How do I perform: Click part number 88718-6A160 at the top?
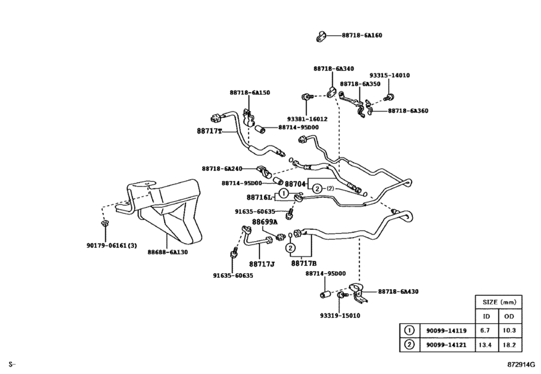click(362, 35)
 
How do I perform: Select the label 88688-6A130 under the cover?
click(167, 252)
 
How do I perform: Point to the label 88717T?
click(209, 132)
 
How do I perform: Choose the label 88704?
click(296, 182)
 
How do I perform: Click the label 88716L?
click(259, 198)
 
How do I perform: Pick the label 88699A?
click(264, 222)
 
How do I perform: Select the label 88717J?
click(263, 264)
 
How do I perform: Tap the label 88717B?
click(304, 264)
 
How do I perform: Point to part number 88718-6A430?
click(399, 291)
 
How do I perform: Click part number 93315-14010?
click(390, 75)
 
